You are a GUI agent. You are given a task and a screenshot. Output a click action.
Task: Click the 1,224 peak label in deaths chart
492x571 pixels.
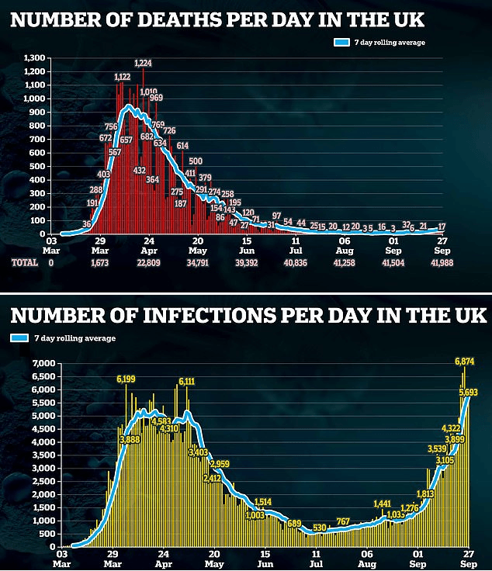pos(142,63)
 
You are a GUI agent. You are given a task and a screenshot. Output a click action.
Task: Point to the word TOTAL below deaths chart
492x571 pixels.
pos(24,264)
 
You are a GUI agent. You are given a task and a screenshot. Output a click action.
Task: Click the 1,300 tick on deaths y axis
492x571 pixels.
pos(35,58)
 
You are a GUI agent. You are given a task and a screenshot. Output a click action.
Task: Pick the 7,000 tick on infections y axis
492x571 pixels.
pos(40,364)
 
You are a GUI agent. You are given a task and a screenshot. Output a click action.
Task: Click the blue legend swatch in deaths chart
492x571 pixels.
pos(342,42)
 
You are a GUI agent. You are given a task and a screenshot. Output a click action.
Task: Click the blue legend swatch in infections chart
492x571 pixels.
pos(21,338)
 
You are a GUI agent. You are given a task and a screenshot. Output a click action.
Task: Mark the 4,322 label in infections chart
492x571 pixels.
pos(451,428)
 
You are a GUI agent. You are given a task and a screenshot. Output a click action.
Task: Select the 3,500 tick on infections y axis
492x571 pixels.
pos(40,455)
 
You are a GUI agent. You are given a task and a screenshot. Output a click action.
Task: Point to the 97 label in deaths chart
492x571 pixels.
pos(276,216)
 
